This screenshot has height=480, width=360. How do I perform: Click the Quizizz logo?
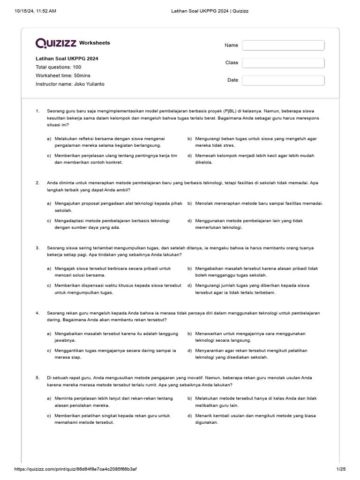click(x=56, y=43)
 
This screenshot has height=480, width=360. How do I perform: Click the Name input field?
click(x=283, y=45)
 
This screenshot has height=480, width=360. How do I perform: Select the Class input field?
click(x=283, y=63)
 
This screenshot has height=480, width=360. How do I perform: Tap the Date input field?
click(x=283, y=80)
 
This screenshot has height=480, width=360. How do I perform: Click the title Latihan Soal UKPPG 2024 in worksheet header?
click(x=67, y=59)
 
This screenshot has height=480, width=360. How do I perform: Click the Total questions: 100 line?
click(x=59, y=67)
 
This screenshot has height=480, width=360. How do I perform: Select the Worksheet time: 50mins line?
click(x=63, y=75)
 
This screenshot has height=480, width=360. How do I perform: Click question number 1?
click(x=37, y=112)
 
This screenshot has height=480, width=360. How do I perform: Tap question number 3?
click(x=37, y=247)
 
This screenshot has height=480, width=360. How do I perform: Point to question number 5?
click(x=37, y=377)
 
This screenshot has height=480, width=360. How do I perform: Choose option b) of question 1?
click(x=255, y=142)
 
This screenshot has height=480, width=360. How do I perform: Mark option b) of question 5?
click(x=255, y=402)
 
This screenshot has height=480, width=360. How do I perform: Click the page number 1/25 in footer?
click(x=340, y=469)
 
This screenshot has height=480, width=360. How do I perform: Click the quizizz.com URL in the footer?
click(x=75, y=469)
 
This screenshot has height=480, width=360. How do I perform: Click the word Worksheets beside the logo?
click(x=95, y=43)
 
